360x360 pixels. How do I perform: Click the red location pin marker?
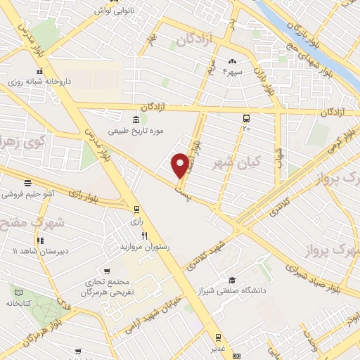(181, 165)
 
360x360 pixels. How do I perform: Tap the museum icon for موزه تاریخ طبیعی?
(136, 120)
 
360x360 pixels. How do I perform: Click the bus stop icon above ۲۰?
(246, 118)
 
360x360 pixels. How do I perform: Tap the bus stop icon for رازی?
(136, 209)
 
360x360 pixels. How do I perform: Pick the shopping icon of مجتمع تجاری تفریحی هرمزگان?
(106, 271)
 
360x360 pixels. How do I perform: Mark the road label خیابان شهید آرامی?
(158, 313)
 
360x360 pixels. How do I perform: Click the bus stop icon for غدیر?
(218, 338)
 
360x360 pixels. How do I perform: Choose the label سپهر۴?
(232, 72)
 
